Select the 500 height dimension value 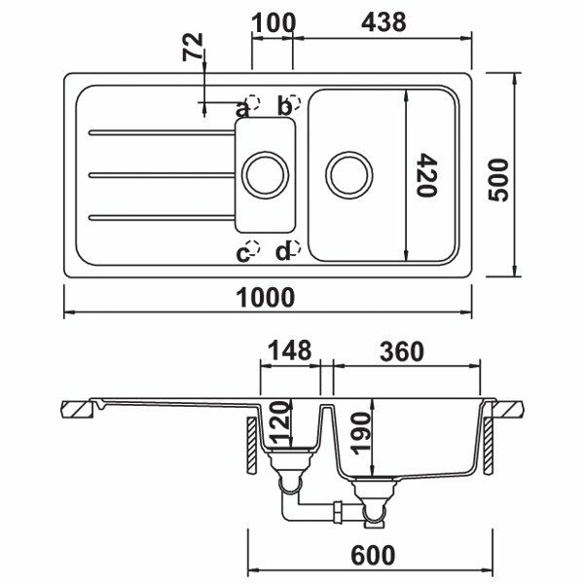pos(499,174)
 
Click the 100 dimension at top pos(273,20)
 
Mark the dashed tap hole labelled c pos(254,249)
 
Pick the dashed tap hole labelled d pos(293,249)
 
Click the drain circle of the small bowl pos(263,175)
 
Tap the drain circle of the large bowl pos(348,175)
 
